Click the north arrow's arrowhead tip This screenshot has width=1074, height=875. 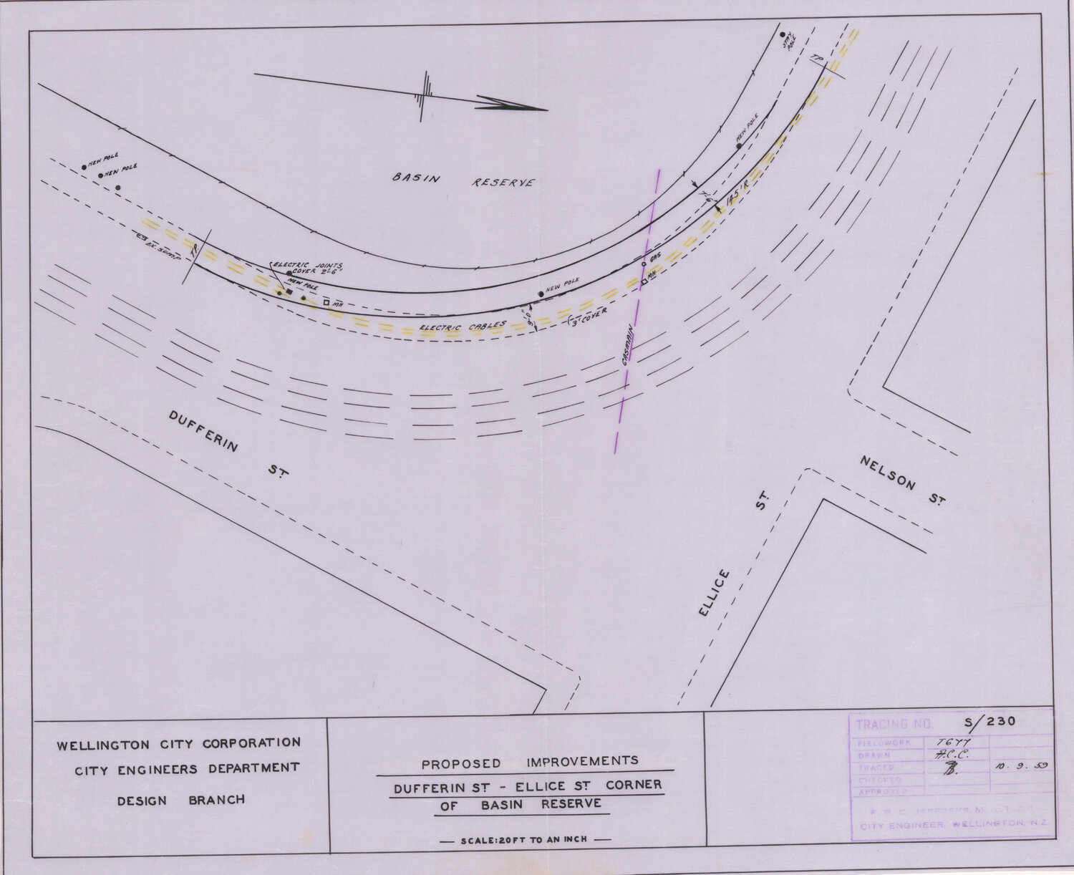(546, 110)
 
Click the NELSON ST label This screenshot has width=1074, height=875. (903, 483)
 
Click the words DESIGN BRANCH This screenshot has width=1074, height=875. (180, 799)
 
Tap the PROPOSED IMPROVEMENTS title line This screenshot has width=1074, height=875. (529, 763)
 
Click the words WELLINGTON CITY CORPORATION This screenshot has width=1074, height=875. (178, 744)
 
